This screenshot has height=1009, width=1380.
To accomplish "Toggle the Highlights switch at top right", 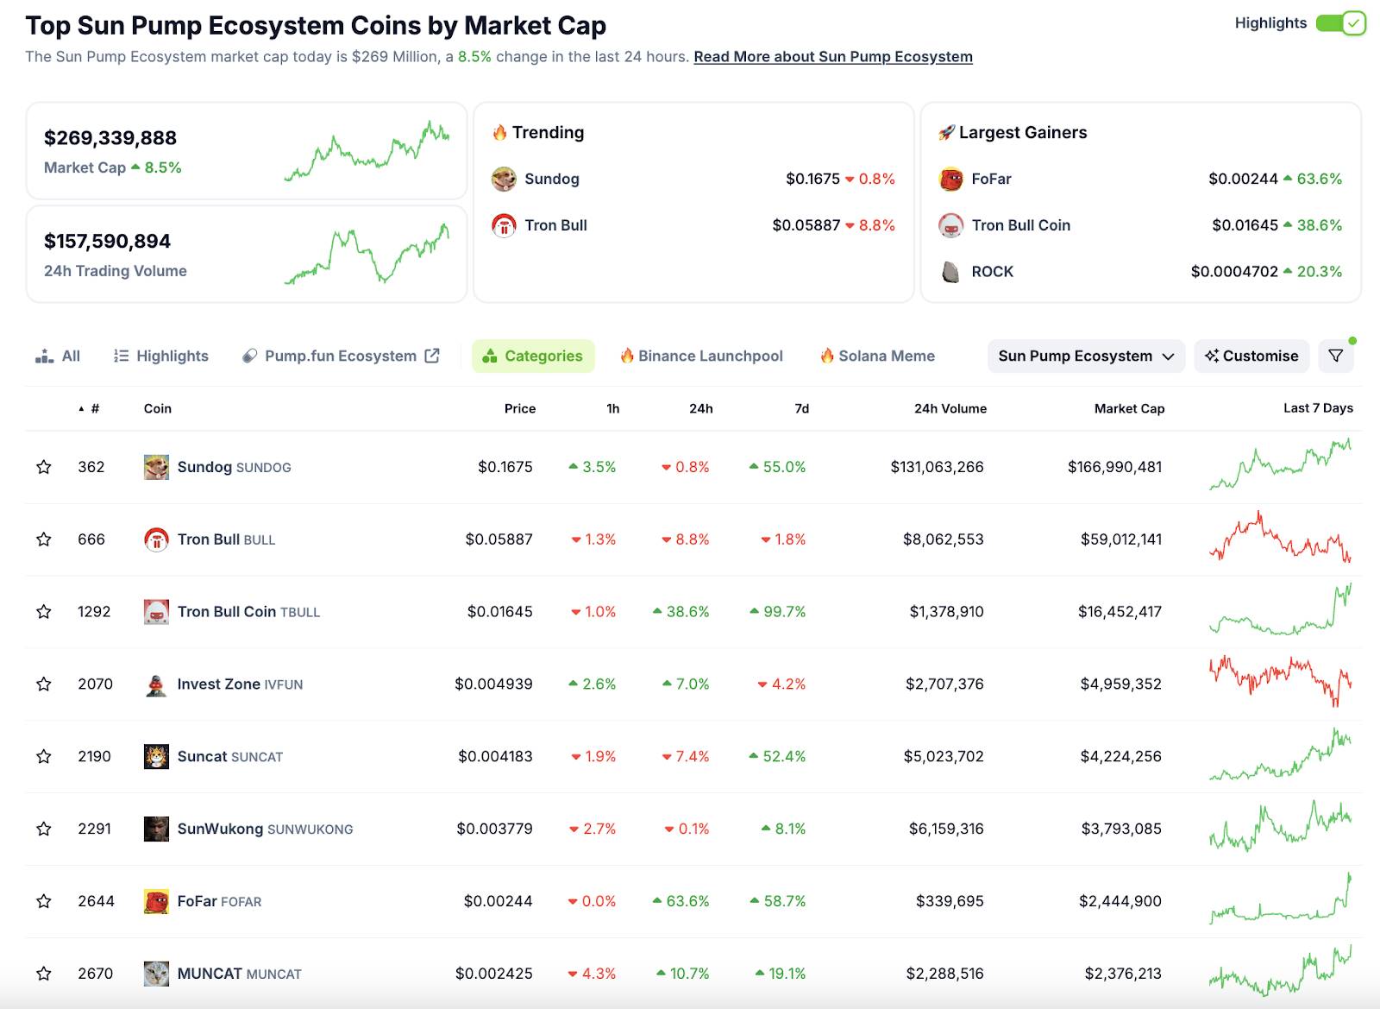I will point(1341,23).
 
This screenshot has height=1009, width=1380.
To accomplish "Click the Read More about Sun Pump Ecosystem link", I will point(832,57).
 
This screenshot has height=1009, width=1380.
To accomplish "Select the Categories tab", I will point(533,356).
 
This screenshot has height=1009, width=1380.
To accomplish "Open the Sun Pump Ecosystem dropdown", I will point(1086,356).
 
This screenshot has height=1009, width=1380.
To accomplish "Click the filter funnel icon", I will point(1335,356).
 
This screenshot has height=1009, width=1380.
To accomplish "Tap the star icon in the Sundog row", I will point(44,467).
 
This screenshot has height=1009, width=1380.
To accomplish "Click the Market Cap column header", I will point(1129,409).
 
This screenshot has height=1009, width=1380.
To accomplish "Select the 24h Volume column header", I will point(950,409).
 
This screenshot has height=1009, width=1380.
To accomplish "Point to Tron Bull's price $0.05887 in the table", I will point(499,539).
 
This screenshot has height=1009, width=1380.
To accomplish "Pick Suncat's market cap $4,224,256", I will point(1120,757).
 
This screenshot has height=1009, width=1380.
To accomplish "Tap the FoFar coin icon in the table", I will point(156,902).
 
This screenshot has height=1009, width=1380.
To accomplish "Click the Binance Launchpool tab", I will point(701,356).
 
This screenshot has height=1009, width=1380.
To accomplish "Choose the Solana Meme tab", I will point(877,356).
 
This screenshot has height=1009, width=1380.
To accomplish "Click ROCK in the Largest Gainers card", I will point(992,272).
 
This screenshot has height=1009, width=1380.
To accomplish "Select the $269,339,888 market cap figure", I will point(110,138).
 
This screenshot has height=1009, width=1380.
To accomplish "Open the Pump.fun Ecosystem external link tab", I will point(342,356).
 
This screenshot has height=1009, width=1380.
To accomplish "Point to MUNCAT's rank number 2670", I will point(95,974).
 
